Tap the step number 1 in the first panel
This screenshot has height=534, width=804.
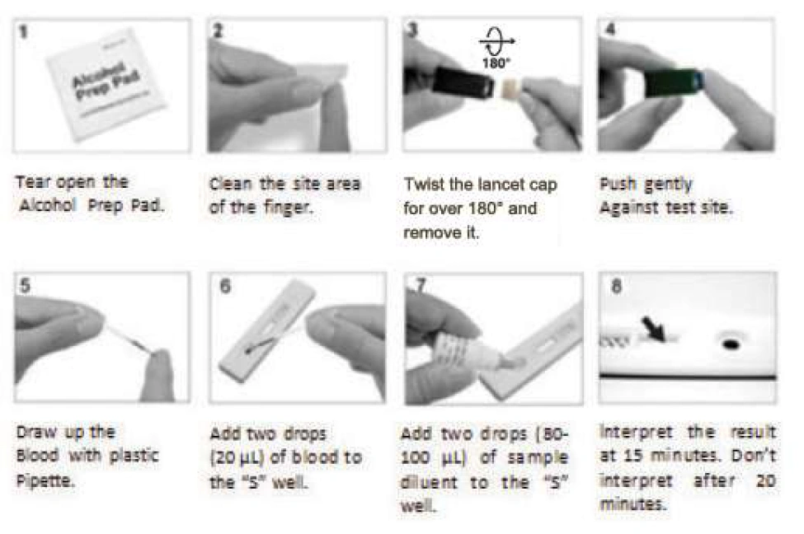click(x=22, y=32)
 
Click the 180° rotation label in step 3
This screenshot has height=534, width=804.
click(x=496, y=63)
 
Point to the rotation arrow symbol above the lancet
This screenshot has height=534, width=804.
click(x=497, y=41)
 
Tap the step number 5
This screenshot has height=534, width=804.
click(x=25, y=285)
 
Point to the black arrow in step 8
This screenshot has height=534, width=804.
click(x=653, y=329)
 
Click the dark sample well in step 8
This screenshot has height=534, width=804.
click(x=731, y=344)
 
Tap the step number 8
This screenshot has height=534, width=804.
click(x=616, y=285)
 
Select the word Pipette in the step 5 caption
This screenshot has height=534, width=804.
click(x=45, y=481)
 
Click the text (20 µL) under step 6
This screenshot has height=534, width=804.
click(x=237, y=457)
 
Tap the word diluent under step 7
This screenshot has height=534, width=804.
click(x=429, y=482)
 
